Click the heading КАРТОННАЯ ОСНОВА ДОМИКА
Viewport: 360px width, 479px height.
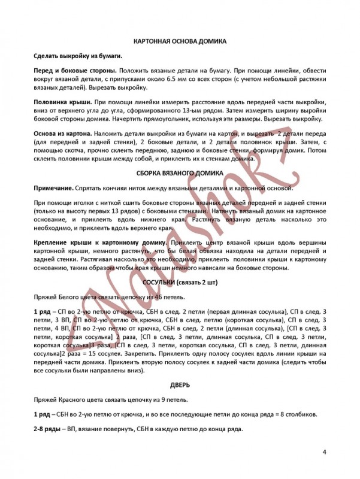click(179, 41)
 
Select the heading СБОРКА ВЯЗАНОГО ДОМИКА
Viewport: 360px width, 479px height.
click(179, 172)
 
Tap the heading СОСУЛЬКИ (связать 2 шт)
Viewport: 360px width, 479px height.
click(179, 281)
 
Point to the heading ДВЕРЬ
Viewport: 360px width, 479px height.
click(179, 386)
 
